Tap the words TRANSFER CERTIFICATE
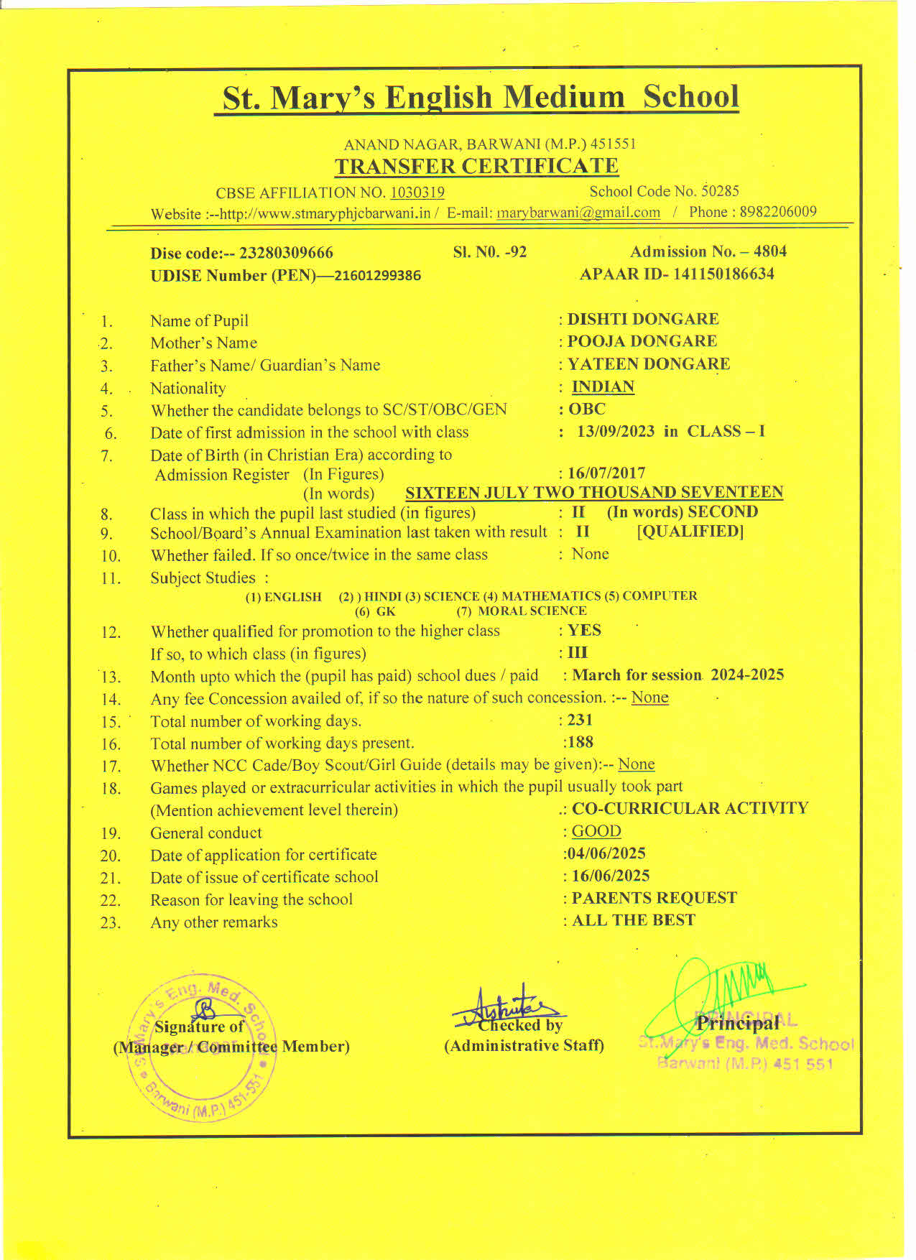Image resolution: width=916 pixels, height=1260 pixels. coord(476,167)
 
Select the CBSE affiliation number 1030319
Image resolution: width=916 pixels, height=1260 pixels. coord(417,193)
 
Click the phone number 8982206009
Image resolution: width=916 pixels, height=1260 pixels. coord(778,212)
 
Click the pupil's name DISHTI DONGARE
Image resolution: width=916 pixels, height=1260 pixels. coord(643,319)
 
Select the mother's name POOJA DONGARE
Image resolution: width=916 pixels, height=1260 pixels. coord(642,341)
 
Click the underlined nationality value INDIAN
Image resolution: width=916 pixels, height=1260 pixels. coord(603,387)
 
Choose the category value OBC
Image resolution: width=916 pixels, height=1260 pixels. coord(587,409)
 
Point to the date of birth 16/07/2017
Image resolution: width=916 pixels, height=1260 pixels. coord(606,473)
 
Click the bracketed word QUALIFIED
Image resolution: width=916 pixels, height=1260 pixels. coord(690,532)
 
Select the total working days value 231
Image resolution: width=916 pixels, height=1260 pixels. coord(580,720)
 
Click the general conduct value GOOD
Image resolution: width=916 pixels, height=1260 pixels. coord(596,831)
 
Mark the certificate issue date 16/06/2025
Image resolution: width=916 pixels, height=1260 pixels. coord(611,876)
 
